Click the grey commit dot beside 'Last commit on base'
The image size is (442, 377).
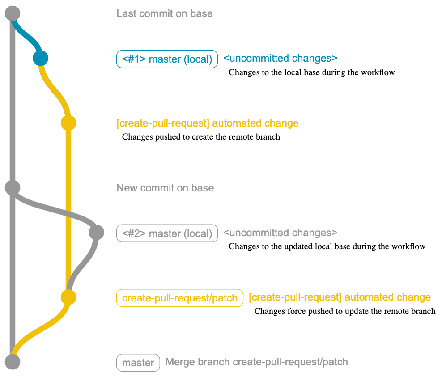click(x=13, y=13)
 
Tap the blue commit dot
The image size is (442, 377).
click(x=40, y=58)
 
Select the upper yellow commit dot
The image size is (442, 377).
click(x=68, y=123)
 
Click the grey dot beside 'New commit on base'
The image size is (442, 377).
click(x=13, y=187)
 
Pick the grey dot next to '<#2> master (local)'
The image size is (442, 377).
click(x=96, y=233)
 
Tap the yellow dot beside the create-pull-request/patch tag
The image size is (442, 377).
click(x=68, y=297)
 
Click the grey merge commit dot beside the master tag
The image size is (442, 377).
click(x=13, y=361)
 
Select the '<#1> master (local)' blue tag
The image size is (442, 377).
click(x=167, y=59)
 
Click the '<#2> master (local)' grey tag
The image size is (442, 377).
click(x=167, y=233)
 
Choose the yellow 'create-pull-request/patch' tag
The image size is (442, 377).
click(x=179, y=298)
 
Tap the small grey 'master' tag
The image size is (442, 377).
click(x=138, y=363)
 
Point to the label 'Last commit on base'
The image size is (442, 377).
click(x=165, y=13)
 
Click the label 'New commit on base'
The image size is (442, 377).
click(x=165, y=188)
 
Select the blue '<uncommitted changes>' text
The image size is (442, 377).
click(x=280, y=58)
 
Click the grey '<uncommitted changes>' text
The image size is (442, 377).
click(x=280, y=233)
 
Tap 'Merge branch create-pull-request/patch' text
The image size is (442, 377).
click(x=256, y=362)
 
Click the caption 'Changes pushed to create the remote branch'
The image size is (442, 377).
click(x=201, y=137)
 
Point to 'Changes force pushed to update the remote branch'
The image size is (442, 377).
click(x=344, y=311)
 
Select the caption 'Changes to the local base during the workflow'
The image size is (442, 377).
click(x=311, y=72)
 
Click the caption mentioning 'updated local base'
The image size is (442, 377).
click(x=327, y=246)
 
